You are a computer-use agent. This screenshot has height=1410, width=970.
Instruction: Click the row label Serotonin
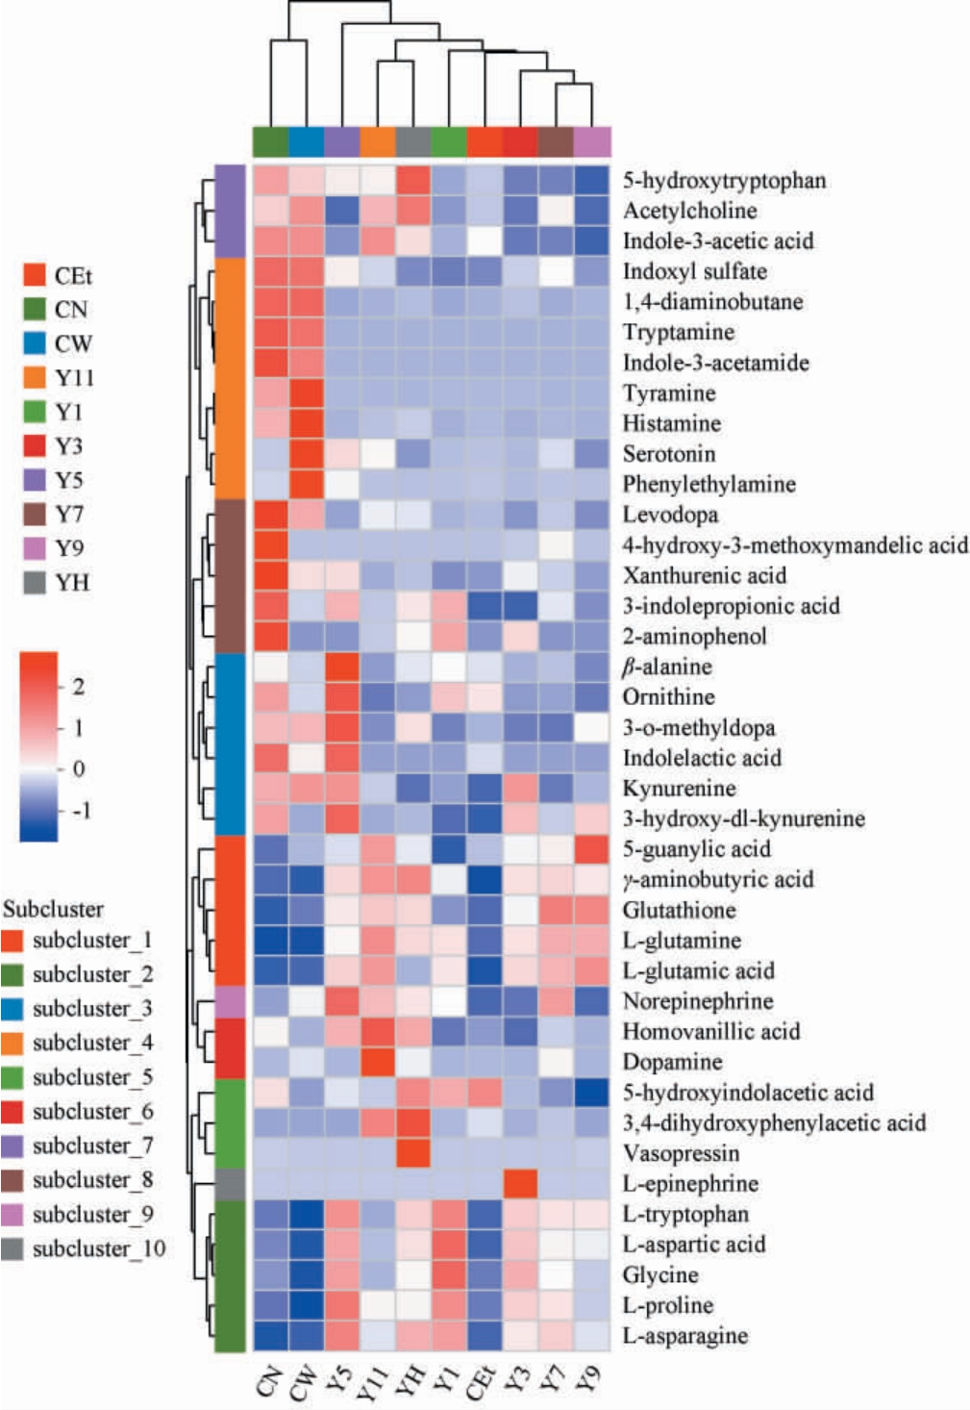(668, 454)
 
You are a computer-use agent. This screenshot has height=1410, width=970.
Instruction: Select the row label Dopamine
(672, 1062)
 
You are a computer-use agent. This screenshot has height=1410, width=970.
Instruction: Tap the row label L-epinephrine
(690, 1184)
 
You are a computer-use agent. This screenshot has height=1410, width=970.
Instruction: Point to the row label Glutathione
(679, 910)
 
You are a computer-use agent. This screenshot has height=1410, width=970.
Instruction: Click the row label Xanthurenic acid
(704, 575)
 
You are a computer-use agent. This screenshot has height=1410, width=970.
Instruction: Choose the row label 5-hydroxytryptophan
(724, 180)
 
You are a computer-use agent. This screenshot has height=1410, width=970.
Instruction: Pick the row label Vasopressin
(681, 1153)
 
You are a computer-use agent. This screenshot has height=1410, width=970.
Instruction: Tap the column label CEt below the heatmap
(483, 1382)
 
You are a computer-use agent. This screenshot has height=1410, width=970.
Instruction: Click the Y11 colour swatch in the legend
(36, 377)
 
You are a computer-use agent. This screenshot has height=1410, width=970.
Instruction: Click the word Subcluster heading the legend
(53, 909)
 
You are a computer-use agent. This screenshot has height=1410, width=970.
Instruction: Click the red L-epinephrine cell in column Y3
(520, 1184)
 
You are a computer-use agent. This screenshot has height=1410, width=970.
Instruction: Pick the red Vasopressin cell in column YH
(412, 1153)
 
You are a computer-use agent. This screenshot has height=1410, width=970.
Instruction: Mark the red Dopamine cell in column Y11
(377, 1062)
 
